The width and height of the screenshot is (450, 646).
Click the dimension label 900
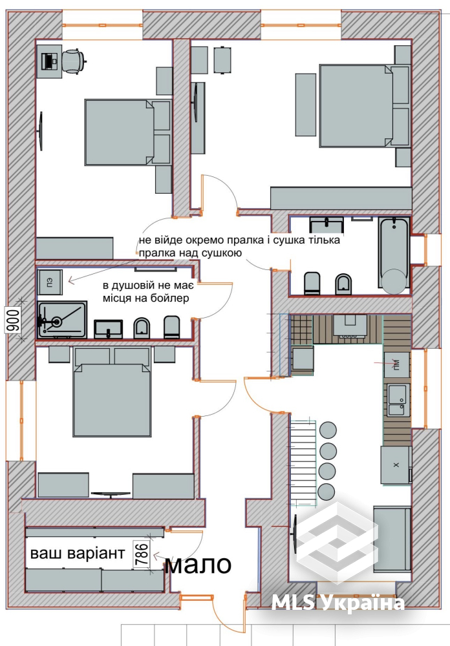(13, 320)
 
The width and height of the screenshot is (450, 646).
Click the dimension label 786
(142, 556)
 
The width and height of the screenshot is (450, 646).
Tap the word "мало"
(198, 564)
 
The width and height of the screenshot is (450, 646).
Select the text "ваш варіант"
(78, 554)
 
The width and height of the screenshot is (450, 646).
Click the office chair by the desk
(74, 61)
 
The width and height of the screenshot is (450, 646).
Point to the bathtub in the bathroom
(394, 255)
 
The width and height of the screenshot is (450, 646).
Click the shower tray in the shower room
(62, 320)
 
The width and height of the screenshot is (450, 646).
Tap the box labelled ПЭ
(50, 282)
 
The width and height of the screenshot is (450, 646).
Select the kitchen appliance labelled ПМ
(397, 364)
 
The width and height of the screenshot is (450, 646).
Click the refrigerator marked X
(396, 464)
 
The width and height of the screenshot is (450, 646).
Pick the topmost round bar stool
(328, 430)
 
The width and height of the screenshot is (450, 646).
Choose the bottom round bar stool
(327, 492)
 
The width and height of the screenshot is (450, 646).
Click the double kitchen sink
(397, 399)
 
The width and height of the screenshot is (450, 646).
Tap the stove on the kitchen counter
(350, 328)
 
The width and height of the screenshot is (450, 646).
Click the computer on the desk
(50, 61)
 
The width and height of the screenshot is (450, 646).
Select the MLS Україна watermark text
(337, 603)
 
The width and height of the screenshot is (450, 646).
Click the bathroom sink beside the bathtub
(327, 225)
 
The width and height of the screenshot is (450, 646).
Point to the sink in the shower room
(108, 329)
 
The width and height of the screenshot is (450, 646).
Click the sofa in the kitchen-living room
(392, 539)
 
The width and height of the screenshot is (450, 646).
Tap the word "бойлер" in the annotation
(171, 298)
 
